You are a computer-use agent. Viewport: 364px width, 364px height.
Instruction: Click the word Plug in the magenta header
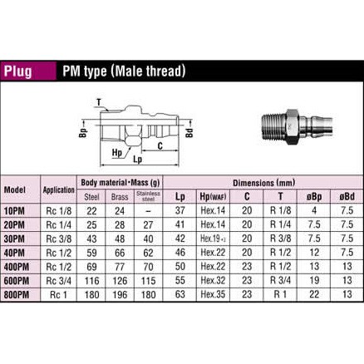pyautogui.click(x=18, y=71)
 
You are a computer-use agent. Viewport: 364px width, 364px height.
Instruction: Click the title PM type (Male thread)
pyautogui.click(x=124, y=71)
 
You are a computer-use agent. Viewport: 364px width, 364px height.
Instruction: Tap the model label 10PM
pyautogui.click(x=14, y=211)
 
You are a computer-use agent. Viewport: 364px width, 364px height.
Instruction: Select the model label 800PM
pyautogui.click(x=17, y=294)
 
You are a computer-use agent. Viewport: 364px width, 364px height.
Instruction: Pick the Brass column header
pyautogui.click(x=120, y=197)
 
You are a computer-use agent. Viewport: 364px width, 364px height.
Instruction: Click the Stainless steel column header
pyautogui.click(x=148, y=196)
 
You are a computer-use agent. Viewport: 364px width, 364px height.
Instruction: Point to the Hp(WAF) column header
pyautogui.click(x=213, y=196)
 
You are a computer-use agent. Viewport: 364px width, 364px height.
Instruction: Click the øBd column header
pyautogui.click(x=347, y=196)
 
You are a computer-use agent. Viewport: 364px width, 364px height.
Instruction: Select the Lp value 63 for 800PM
pyautogui.click(x=180, y=294)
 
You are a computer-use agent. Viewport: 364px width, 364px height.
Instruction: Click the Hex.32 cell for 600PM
pyautogui.click(x=213, y=280)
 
